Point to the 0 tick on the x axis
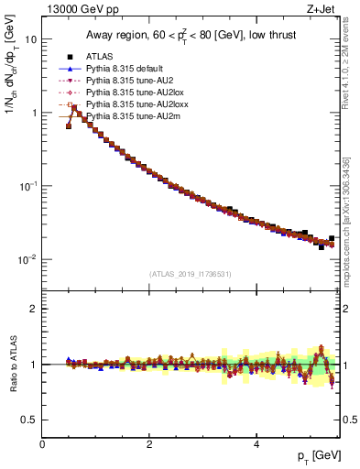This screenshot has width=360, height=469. (42, 442)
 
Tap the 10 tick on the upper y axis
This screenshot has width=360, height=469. (31, 39)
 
